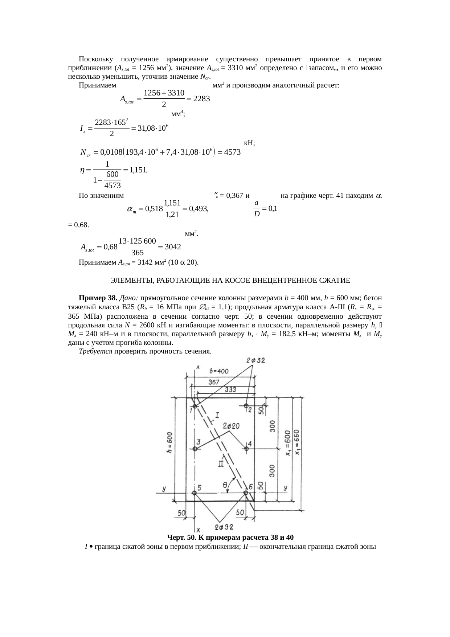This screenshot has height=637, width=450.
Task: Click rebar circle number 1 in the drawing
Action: (x=195, y=407)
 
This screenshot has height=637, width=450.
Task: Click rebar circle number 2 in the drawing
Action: (x=246, y=406)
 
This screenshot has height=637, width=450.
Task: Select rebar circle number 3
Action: (x=195, y=449)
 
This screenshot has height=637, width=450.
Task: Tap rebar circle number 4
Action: (x=247, y=449)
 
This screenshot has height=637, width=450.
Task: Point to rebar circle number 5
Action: (x=195, y=493)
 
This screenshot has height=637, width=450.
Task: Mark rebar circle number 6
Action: (x=246, y=493)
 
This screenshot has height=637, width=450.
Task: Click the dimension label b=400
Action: (x=219, y=371)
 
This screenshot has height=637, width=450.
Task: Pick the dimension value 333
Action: (x=230, y=389)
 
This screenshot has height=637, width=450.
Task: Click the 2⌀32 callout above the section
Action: (x=255, y=360)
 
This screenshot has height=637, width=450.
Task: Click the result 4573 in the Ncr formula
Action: (x=231, y=153)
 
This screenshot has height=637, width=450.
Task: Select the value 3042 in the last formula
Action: (x=173, y=247)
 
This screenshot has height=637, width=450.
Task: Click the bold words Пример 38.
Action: (x=98, y=298)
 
